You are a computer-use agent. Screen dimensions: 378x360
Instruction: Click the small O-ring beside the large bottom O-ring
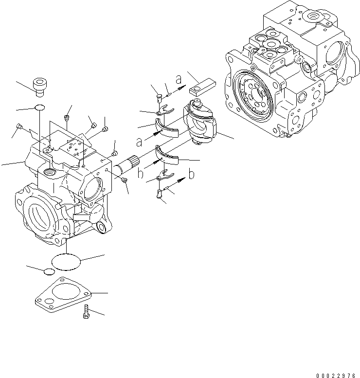click(x=49, y=271)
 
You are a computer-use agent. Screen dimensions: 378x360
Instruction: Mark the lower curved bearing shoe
click(x=168, y=156)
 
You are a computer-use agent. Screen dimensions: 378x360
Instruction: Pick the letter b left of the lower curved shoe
click(x=141, y=174)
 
